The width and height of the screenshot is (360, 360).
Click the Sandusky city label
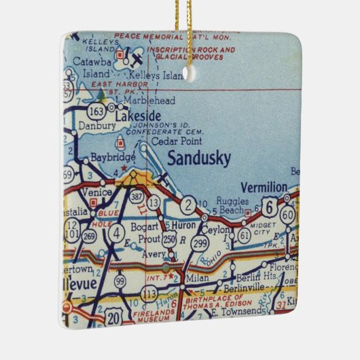(x=198, y=158)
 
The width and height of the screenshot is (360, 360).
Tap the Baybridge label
(x=109, y=158)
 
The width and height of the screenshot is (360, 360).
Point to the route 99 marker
(x=120, y=279)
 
